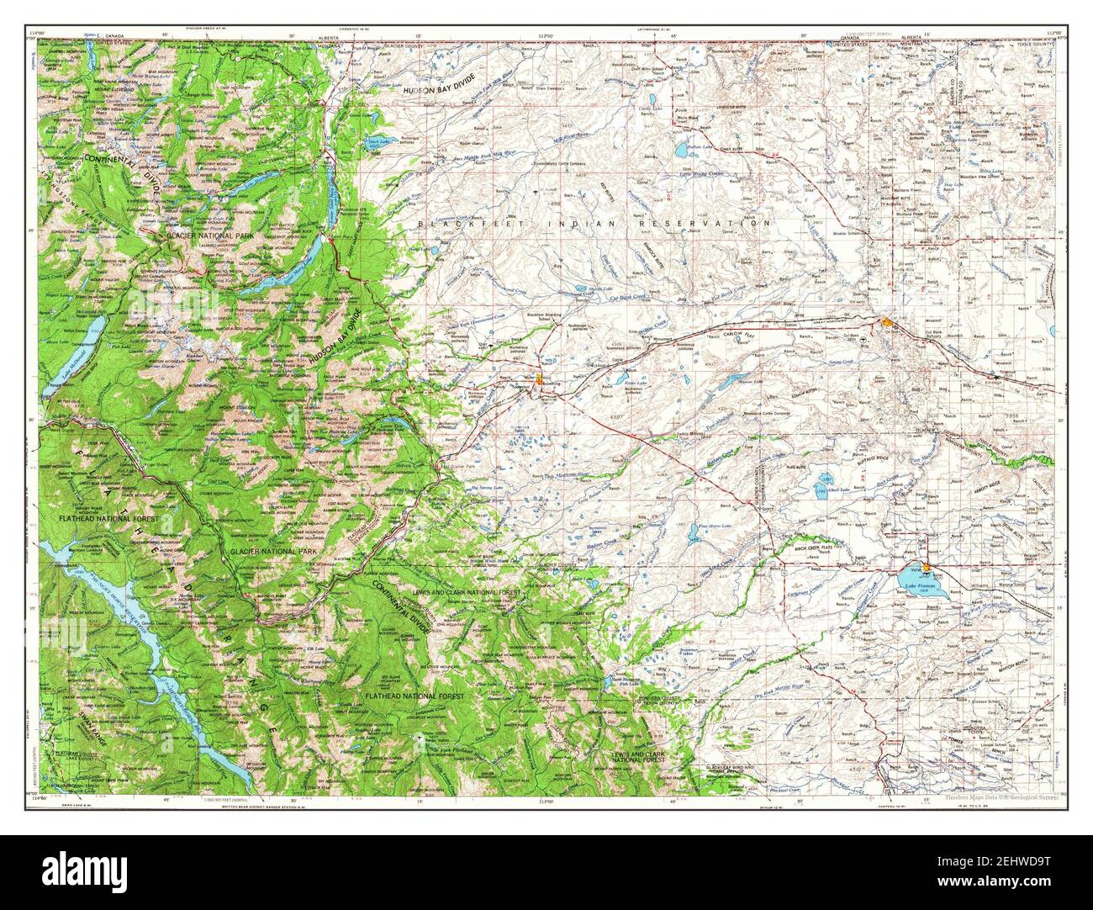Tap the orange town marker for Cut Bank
click(x=889, y=322)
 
